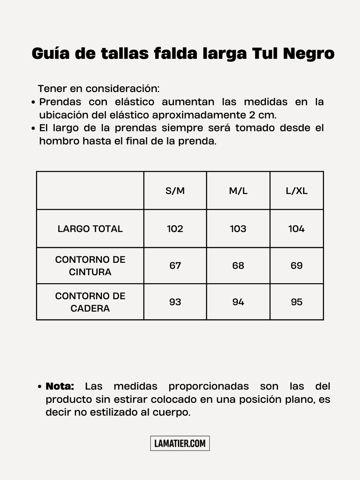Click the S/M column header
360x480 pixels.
tap(175, 191)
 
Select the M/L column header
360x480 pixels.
tap(238, 191)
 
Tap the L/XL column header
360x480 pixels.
tap(296, 191)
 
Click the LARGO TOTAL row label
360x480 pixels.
tap(90, 229)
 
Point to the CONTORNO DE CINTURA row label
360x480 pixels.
tap(90, 266)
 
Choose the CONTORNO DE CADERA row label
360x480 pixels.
tap(90, 302)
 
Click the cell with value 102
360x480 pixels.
tap(175, 229)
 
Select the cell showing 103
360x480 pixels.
tap(238, 229)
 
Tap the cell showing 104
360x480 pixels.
tap(296, 229)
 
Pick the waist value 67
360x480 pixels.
tap(175, 266)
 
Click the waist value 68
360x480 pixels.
tap(238, 266)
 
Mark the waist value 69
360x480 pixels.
tap(296, 266)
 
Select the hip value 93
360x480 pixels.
tap(175, 302)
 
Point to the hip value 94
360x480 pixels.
tap(238, 302)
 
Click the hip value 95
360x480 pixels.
tap(296, 302)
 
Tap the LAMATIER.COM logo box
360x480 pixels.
tap(180, 443)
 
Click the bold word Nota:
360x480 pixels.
tap(60, 386)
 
